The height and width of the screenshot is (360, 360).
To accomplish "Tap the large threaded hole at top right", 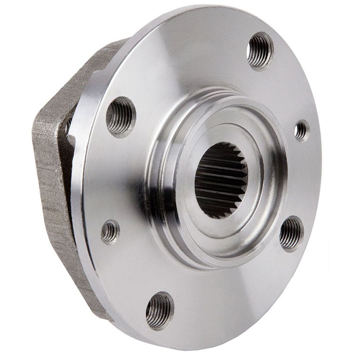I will click(260, 51).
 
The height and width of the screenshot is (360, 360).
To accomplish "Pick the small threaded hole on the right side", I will click(302, 130).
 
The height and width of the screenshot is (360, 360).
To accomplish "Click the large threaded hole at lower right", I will click(291, 233).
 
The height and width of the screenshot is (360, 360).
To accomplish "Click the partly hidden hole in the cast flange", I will click(68, 126).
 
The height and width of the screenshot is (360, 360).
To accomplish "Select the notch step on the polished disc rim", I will click(74, 139).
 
